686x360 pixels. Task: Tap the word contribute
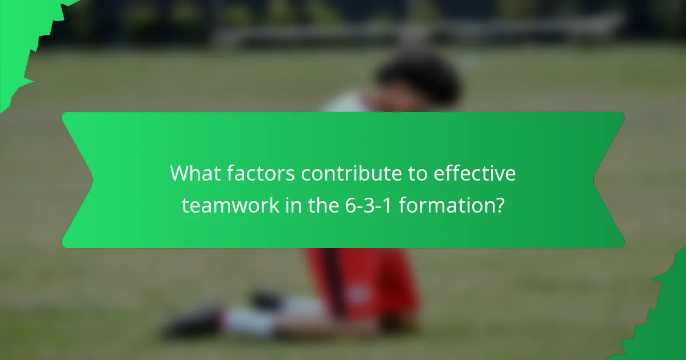pyautogui.click(x=352, y=174)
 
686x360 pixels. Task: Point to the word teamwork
pyautogui.click(x=230, y=206)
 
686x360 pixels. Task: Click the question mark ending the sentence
pyautogui.click(x=499, y=206)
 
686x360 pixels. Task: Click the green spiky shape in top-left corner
pyautogui.click(x=23, y=34)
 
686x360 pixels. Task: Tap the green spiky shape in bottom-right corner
pyautogui.click(x=666, y=320)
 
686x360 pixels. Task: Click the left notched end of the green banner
pyautogui.click(x=77, y=180)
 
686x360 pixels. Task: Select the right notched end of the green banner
pyautogui.click(x=609, y=180)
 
